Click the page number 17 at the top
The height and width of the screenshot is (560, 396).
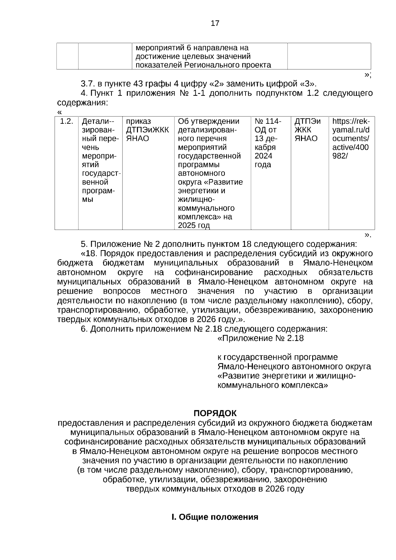tap(214, 23)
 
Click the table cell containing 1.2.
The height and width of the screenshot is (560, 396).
tap(66, 121)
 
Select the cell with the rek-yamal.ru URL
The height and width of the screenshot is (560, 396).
tap(351, 139)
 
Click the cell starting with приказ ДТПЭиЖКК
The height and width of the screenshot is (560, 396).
tap(148, 130)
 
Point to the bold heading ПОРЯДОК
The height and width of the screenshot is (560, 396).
tap(215, 413)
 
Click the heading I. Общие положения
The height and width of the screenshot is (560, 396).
tap(215, 517)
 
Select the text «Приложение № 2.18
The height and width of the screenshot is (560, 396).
tap(260, 338)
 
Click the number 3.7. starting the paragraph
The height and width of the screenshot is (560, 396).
tap(87, 83)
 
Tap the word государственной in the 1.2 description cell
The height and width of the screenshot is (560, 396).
tap(209, 156)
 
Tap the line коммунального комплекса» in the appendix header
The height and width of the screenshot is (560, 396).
tap(273, 385)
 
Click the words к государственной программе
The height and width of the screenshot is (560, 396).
tap(278, 357)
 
